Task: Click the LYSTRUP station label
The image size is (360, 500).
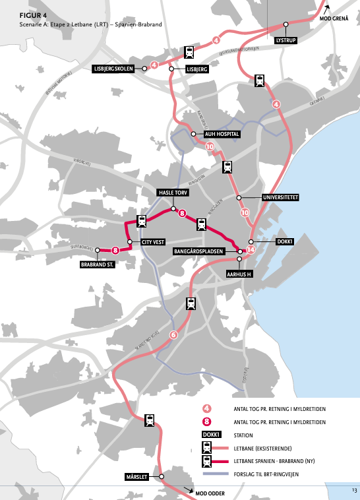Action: (285, 40)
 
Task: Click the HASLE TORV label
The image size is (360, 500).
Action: (173, 192)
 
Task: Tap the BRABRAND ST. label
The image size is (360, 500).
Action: (97, 265)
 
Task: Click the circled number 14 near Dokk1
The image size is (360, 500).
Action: (251, 250)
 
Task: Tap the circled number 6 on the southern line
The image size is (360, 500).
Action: (174, 334)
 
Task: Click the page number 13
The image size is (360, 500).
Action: (353, 490)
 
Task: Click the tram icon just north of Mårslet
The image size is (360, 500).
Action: (150, 421)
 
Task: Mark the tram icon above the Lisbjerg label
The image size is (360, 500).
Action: (189, 53)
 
